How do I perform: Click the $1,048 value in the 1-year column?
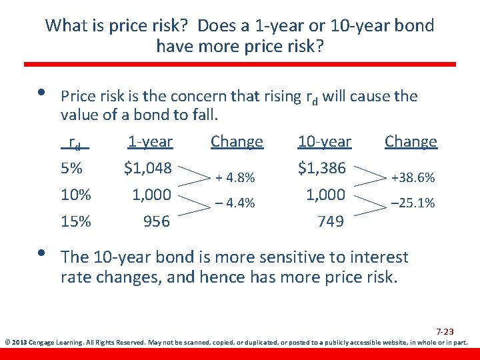coord(148,169)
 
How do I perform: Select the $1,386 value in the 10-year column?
coord(321,169)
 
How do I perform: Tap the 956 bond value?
coord(157,221)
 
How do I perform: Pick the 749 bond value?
coord(331,221)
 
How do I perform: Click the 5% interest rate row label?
coord(72,169)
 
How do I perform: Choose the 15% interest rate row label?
coord(75,221)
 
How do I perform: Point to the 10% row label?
coord(75,195)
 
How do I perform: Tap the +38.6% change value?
coord(413,178)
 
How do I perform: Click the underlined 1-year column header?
coord(150,142)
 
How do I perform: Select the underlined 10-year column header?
coord(324,142)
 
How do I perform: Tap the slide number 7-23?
coord(445,331)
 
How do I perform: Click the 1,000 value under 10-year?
coord(325,195)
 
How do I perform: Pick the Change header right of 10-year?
coord(411,142)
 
